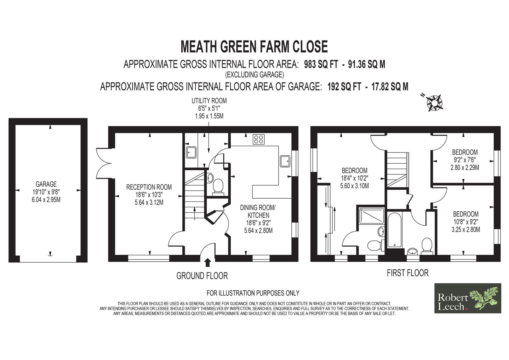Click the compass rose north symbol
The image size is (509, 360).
(434, 102)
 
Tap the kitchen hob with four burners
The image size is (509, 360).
(259, 139)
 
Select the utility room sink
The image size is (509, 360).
(191, 152)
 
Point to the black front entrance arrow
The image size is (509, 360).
(208, 262)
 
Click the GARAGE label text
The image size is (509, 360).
(46, 184)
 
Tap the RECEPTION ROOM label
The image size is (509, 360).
(149, 187)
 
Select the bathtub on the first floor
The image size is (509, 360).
(395, 230)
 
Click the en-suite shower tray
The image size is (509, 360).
(372, 215)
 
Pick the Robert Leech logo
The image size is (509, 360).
(468, 298)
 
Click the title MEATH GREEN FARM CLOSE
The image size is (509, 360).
(254, 46)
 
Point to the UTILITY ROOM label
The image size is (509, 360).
(209, 101)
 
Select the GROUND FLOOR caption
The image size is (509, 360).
(202, 276)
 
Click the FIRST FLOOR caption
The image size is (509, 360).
(408, 273)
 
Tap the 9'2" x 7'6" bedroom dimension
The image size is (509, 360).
(465, 160)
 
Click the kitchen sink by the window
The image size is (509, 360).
(285, 161)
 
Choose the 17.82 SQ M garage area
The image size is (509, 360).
(390, 87)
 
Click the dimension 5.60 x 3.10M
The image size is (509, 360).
(354, 186)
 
